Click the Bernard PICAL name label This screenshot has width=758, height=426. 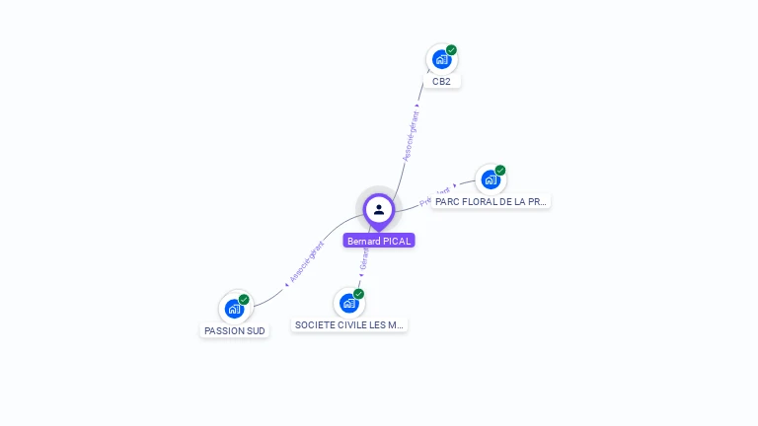coord(379,241)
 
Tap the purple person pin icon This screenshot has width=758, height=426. coord(379,209)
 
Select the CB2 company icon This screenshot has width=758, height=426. coord(441,59)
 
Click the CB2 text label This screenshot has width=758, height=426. coord(441,82)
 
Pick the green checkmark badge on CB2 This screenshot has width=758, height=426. coord(451,50)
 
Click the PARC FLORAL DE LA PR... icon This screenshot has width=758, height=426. coord(491,179)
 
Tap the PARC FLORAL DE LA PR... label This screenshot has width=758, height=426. coord(491,201)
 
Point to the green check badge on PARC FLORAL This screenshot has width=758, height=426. coord(500,171)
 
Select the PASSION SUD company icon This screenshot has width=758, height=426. coord(234,309)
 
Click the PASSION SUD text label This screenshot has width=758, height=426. coord(235,331)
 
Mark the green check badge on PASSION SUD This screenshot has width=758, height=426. coord(244,300)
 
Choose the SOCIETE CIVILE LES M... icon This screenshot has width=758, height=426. coord(348,303)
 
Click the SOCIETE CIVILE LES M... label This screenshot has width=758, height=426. coord(349,324)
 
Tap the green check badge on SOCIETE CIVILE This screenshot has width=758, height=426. coord(358,294)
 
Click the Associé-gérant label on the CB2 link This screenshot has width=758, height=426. coord(411,136)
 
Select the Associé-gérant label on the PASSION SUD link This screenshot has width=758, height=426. coord(307,262)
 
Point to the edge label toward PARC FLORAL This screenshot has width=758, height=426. coord(435,195)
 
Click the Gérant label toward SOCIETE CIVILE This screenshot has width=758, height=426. coord(364,259)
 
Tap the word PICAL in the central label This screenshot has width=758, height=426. coord(397,241)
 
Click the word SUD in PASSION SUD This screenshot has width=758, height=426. coord(255,331)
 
